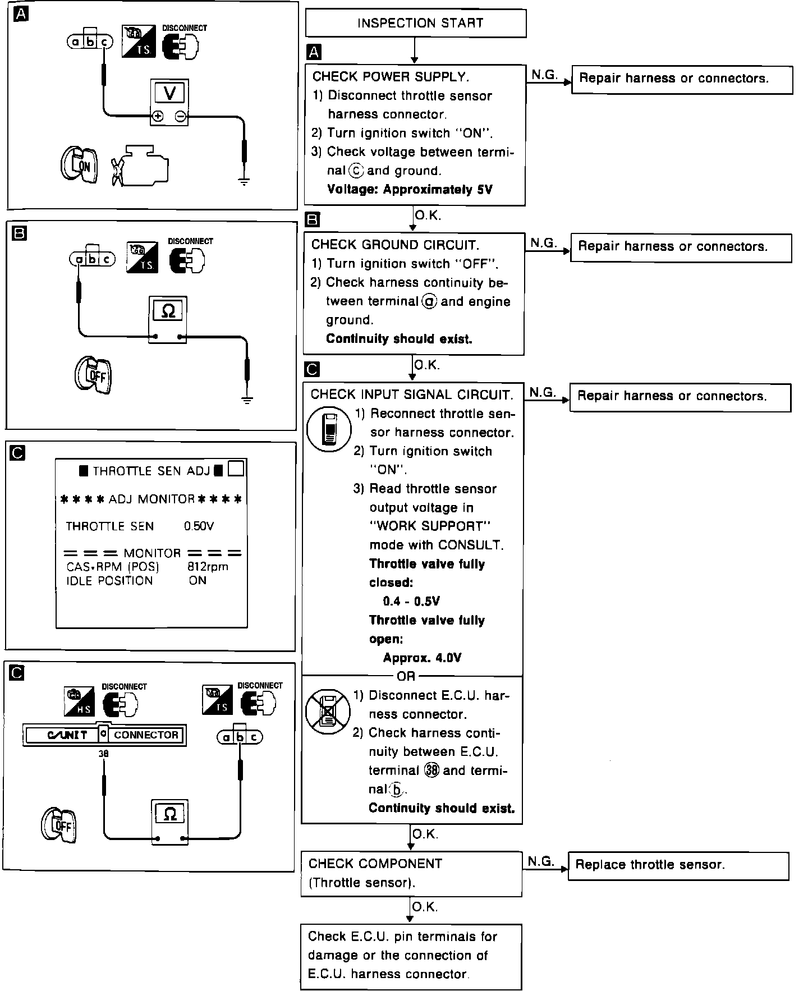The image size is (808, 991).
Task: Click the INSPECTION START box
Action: (x=415, y=24)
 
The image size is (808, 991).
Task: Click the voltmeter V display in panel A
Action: (x=169, y=93)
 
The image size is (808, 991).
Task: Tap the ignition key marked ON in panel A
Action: (x=79, y=164)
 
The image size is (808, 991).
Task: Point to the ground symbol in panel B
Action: (x=246, y=400)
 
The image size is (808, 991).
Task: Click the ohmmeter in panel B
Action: (x=168, y=318)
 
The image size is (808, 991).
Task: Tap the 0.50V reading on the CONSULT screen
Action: (x=199, y=526)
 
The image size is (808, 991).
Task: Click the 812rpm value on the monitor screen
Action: (x=208, y=567)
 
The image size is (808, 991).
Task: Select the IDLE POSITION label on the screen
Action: (x=109, y=581)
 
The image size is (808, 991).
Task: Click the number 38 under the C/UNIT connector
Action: (x=103, y=754)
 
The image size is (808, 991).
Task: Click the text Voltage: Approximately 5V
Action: (x=410, y=190)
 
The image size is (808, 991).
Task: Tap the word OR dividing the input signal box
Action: (x=406, y=676)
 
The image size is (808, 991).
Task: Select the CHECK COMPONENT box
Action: (x=411, y=873)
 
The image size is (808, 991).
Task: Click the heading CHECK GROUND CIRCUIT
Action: (x=395, y=245)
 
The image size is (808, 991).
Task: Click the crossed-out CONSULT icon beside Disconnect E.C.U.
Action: (x=328, y=712)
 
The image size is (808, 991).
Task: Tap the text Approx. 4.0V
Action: (x=422, y=658)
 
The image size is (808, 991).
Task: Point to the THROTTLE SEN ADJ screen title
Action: (x=151, y=471)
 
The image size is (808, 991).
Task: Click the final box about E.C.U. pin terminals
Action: (x=411, y=955)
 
